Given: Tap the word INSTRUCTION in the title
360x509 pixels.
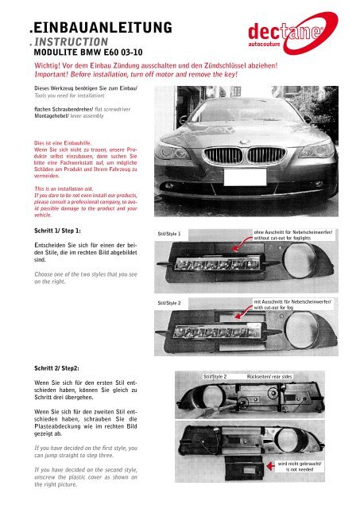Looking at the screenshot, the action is (71, 42).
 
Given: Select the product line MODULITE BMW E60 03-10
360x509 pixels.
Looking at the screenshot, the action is (88, 52).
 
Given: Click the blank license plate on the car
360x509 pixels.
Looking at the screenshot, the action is (245, 177).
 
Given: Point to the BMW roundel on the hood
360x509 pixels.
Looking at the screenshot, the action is (244, 142).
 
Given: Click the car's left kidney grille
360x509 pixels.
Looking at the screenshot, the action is (224, 155).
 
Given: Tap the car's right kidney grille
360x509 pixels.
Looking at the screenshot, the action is (266, 155).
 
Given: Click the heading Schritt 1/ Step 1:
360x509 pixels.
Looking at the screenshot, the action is (57, 231).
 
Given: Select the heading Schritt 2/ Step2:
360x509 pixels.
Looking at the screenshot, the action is (56, 368).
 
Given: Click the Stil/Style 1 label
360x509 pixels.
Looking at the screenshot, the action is (169, 234).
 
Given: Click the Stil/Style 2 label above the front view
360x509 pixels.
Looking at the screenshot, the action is (169, 303).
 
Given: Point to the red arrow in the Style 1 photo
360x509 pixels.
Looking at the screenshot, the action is (241, 244).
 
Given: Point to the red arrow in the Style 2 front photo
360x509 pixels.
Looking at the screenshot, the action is (242, 313).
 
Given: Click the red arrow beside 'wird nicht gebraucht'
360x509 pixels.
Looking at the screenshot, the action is (270, 466).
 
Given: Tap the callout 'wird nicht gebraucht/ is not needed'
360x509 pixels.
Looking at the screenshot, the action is (300, 467).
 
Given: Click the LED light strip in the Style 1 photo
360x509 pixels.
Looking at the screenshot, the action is (218, 263).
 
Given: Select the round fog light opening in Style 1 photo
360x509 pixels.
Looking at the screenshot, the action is (300, 260).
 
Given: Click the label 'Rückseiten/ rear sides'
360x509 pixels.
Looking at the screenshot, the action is (269, 376).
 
